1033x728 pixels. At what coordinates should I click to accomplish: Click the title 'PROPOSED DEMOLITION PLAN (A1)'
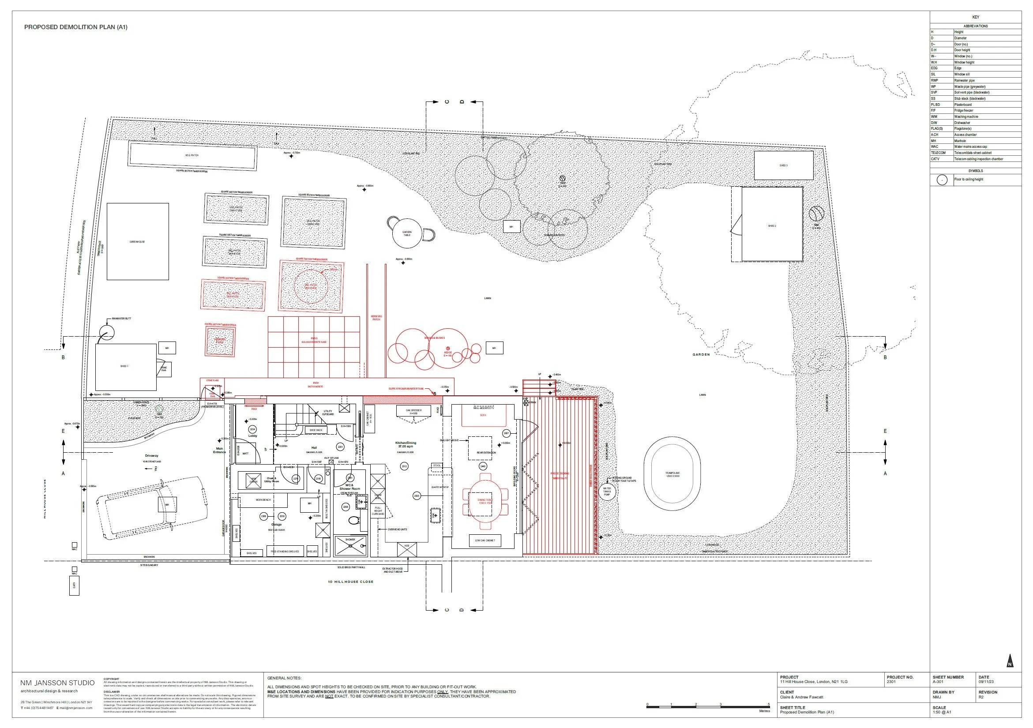click(x=75, y=27)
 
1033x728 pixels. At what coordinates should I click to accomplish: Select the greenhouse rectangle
click(x=138, y=242)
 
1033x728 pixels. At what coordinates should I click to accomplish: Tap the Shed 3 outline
click(x=783, y=165)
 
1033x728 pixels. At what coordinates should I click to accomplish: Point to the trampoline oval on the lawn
click(x=672, y=474)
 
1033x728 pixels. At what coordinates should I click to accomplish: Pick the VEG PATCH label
click(x=192, y=155)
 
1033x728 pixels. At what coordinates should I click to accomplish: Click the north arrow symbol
click(x=1010, y=661)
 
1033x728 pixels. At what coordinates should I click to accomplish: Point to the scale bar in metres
click(x=708, y=707)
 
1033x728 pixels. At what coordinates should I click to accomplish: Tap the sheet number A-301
click(x=938, y=682)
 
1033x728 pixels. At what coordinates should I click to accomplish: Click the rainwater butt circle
click(x=107, y=334)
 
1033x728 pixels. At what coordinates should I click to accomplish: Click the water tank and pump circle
click(x=607, y=491)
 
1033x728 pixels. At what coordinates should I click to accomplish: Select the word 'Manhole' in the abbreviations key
click(x=960, y=141)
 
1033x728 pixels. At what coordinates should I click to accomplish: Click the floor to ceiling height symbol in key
click(x=942, y=180)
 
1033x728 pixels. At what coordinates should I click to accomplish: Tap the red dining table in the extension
click(x=485, y=501)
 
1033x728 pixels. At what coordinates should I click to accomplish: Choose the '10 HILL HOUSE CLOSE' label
click(x=350, y=582)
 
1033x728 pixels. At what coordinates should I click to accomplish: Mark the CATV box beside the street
click(x=74, y=585)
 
